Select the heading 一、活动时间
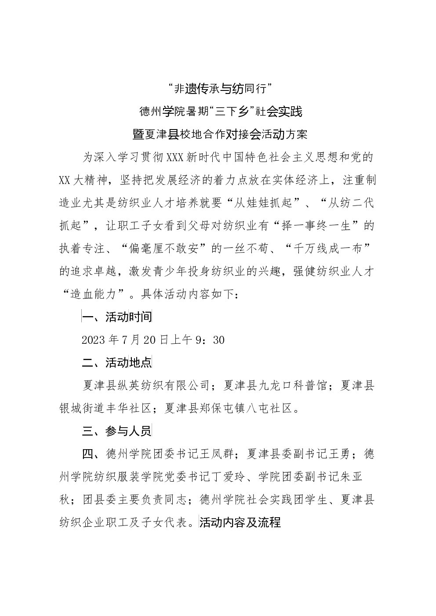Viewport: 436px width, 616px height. coord(117,317)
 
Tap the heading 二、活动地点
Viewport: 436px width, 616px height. coord(117,363)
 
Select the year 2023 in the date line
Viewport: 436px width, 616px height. coord(93,340)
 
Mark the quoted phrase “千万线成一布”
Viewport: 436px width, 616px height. coord(327,249)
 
